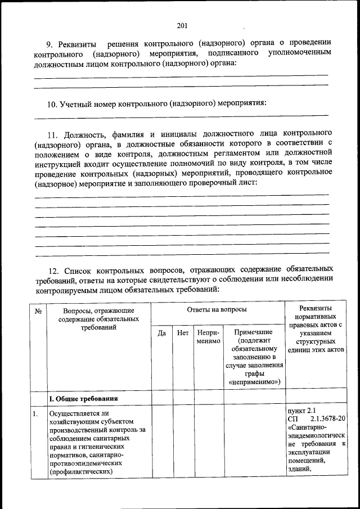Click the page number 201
point(181,25)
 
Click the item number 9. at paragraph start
point(49,43)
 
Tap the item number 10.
point(52,103)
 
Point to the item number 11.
point(52,135)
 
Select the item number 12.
point(52,269)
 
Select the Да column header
point(161,333)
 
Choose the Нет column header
point(183,333)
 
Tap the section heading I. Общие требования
point(83,399)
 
